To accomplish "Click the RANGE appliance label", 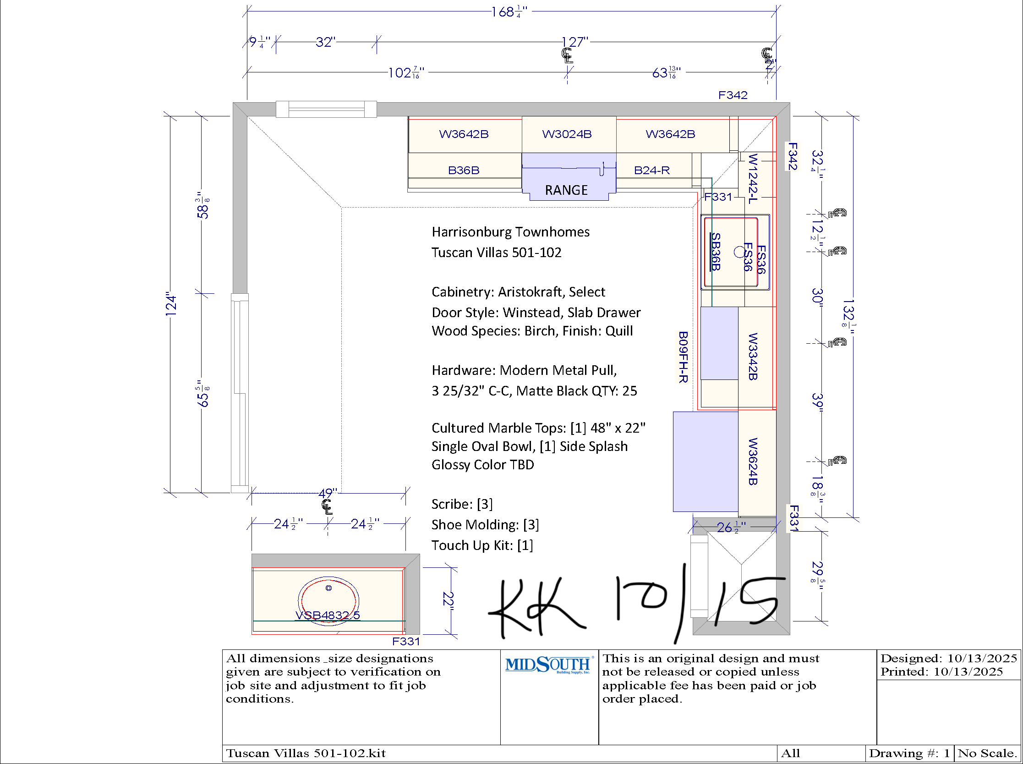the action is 566,190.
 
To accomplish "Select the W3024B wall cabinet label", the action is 567,134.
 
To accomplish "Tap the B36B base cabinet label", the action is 464,170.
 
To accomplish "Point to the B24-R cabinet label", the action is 652,170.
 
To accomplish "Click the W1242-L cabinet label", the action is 753,179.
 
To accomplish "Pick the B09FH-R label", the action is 683,357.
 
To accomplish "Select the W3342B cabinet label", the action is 753,357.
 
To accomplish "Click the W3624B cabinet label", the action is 753,462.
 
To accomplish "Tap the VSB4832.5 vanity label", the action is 328,616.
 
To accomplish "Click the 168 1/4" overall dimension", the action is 509,12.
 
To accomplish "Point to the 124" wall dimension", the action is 171,304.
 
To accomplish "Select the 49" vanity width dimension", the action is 328,494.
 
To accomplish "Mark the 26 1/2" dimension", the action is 731,528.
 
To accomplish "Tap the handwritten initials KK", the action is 536,607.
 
